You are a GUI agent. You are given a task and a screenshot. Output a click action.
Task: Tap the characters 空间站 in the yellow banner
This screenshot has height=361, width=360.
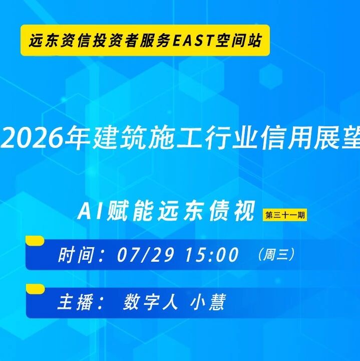point(238,40)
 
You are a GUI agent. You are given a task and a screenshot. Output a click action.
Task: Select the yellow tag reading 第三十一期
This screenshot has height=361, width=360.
point(285,215)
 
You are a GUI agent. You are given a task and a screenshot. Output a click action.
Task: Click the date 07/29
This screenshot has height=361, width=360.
point(145,254)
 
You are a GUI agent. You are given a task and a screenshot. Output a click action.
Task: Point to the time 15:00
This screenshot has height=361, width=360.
point(211,254)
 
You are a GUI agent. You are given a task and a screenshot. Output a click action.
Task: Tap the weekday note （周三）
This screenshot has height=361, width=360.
point(275,254)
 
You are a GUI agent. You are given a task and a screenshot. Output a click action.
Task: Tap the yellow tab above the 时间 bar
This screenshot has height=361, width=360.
point(35,240)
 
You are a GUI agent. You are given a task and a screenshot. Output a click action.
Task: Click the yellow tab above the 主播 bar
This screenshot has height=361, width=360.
point(35,289)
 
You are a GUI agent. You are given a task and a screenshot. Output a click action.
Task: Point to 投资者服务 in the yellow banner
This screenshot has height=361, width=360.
point(131,40)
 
